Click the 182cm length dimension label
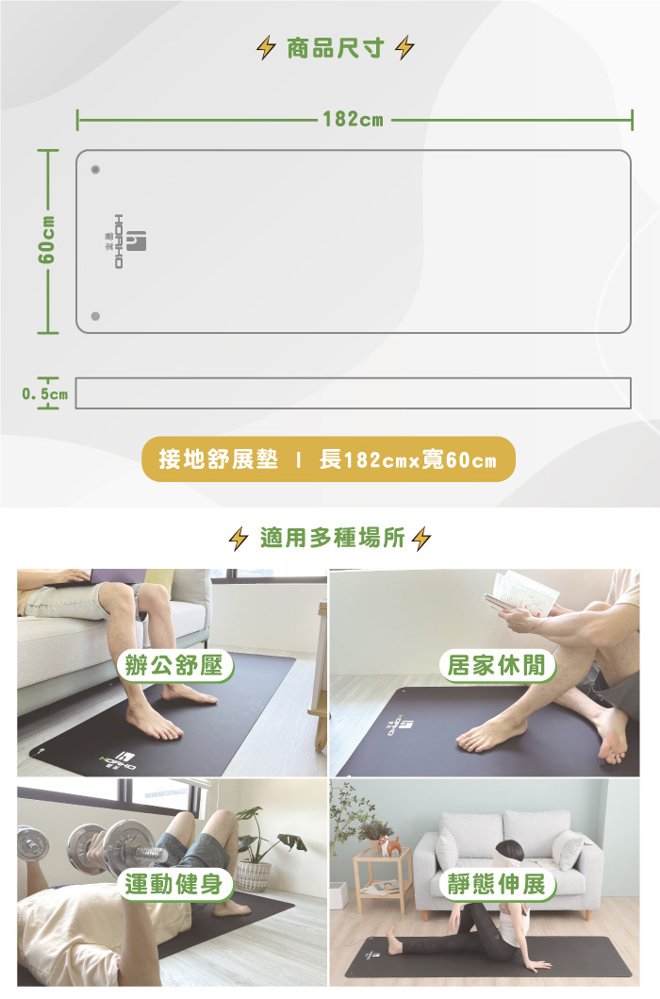(353, 119)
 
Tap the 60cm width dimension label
(46, 241)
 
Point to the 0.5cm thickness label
(44, 393)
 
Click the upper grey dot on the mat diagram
(95, 170)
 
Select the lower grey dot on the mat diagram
(95, 316)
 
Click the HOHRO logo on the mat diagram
(129, 241)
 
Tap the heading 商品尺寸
(335, 48)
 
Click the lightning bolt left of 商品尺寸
(266, 48)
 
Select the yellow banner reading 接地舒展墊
(328, 458)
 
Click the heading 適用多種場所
(332, 538)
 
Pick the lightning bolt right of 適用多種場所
(421, 539)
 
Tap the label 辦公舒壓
(174, 666)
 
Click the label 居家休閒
(497, 666)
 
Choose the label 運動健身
(174, 884)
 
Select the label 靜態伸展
(497, 884)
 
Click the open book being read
(520, 594)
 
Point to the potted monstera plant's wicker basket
(254, 876)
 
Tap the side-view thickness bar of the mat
(353, 393)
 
